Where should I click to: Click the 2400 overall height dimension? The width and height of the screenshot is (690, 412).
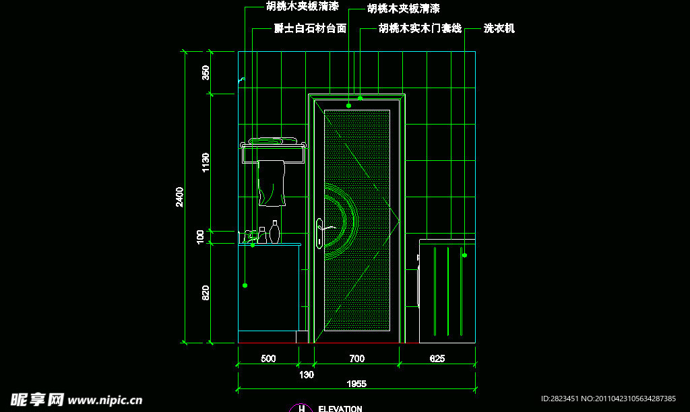(x=180, y=197)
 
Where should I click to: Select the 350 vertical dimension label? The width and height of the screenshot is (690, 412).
(x=206, y=72)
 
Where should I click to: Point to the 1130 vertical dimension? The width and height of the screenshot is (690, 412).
(x=206, y=162)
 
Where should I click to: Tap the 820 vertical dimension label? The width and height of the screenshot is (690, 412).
(x=206, y=292)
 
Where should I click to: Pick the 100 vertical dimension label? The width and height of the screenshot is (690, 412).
(x=201, y=236)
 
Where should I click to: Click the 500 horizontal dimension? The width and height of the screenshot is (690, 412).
(x=268, y=359)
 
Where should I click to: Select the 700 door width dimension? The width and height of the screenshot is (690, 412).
(x=356, y=359)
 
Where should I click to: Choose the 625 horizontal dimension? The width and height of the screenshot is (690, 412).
(x=437, y=359)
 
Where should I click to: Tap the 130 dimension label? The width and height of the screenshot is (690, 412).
(x=306, y=374)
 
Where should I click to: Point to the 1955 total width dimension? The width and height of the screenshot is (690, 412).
(x=356, y=384)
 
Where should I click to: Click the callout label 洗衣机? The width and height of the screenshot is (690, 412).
(x=499, y=28)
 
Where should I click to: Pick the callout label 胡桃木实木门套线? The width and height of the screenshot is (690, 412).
(x=420, y=28)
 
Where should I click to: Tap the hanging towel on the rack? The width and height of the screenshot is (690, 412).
(x=272, y=183)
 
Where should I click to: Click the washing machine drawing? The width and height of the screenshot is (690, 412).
(x=446, y=289)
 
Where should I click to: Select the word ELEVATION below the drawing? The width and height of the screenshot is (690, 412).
(x=340, y=409)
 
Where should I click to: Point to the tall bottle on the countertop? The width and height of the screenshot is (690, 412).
(x=275, y=232)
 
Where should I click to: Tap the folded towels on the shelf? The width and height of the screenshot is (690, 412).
(x=274, y=141)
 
